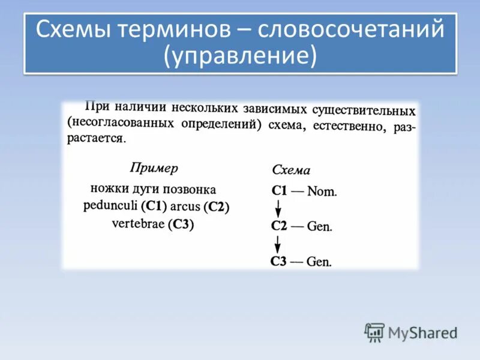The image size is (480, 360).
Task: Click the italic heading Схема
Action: coord(291,170)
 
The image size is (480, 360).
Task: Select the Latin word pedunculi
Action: coord(111,206)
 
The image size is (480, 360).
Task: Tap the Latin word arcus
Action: coord(186,207)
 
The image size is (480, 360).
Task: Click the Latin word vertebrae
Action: coord(138,224)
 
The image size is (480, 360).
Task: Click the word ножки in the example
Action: coord(107,188)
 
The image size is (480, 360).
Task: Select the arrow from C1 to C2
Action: coord(278,209)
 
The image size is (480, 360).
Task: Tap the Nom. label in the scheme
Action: coord(322,192)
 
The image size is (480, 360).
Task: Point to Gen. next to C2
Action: coord(319,227)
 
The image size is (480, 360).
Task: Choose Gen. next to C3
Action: coord(319,262)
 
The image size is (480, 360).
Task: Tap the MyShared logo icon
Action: coord(374,332)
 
